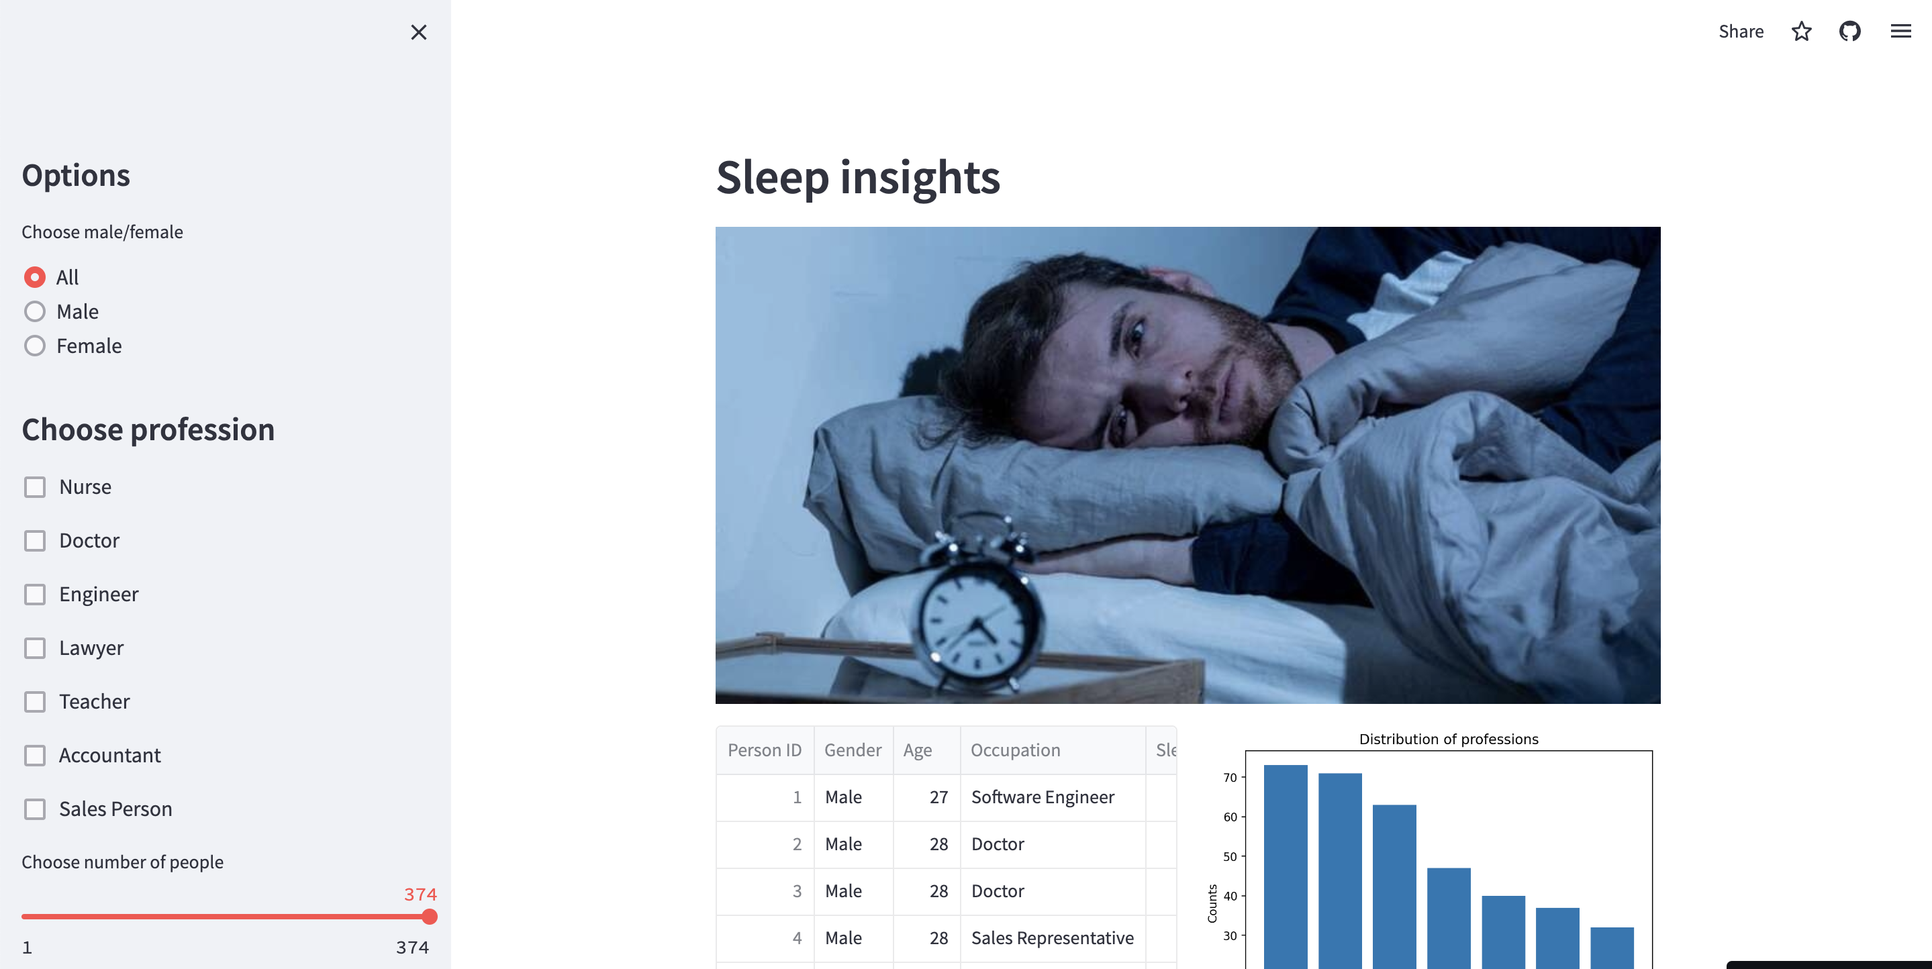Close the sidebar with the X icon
click(x=418, y=32)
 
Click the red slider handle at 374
click(x=429, y=917)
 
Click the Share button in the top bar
click(x=1741, y=32)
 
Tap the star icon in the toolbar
click(x=1802, y=32)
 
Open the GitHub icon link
click(x=1849, y=32)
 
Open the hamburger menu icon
click(x=1900, y=32)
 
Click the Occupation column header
click(x=1016, y=750)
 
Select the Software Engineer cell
click(x=1043, y=797)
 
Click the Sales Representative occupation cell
click(x=1052, y=938)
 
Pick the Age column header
click(x=917, y=750)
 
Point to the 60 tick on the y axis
click(x=1230, y=817)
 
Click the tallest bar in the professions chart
click(x=1286, y=862)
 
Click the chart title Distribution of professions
click(x=1448, y=739)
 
